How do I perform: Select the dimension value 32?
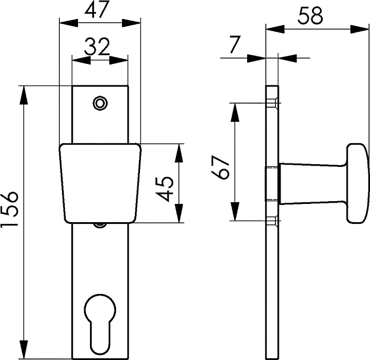97,47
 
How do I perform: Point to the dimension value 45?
166,188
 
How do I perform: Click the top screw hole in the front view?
100,103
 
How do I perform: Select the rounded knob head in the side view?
357,182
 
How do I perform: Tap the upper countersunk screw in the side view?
272,103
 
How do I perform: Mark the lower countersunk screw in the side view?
272,220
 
